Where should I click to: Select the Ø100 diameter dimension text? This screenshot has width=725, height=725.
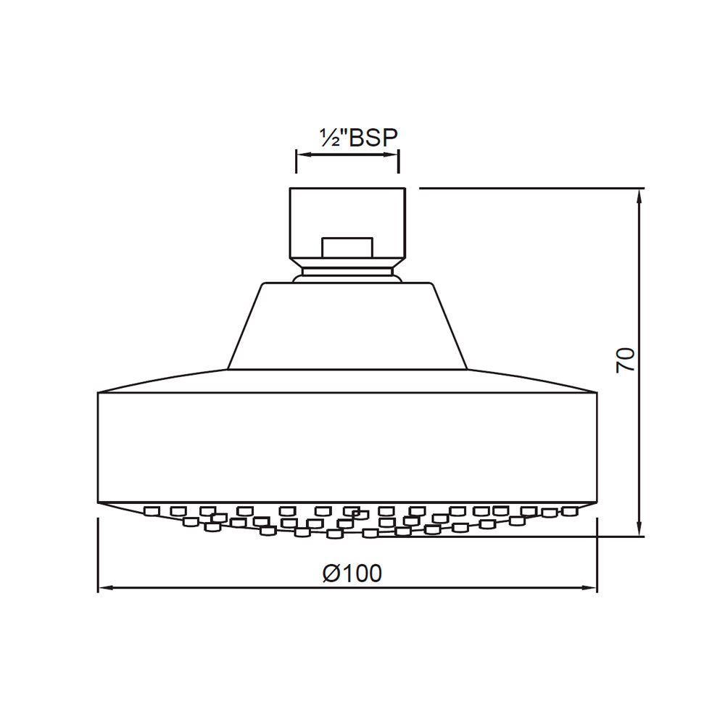[352, 573]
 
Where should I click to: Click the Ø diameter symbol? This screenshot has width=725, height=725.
[330, 573]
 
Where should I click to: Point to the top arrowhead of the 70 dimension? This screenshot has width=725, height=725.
[639, 194]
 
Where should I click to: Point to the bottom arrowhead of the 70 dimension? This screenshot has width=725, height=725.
[639, 531]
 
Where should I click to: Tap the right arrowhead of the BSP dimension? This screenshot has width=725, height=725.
[393, 154]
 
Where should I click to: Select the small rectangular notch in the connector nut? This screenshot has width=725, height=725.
[348, 246]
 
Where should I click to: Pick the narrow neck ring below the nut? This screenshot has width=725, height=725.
[348, 273]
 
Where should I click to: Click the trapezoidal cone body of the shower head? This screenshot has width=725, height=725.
[348, 326]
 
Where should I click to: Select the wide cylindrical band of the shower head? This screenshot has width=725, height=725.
[348, 446]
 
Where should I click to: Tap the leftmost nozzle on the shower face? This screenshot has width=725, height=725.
[152, 511]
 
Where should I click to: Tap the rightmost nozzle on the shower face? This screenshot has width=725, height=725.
[573, 510]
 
